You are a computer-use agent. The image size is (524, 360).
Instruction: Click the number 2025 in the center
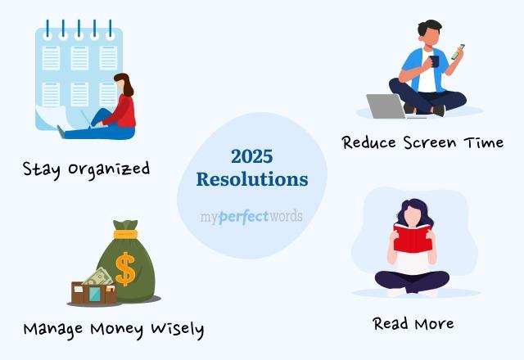pyautogui.click(x=251, y=155)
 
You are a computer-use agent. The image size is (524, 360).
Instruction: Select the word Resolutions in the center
pyautogui.click(x=252, y=179)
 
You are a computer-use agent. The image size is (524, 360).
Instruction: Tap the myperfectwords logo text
pyautogui.click(x=251, y=217)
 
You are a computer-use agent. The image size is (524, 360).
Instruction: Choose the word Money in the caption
pyautogui.click(x=122, y=329)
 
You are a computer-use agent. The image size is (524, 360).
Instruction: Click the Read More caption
pyautogui.click(x=413, y=323)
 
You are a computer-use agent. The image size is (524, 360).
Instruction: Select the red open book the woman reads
pyautogui.click(x=413, y=239)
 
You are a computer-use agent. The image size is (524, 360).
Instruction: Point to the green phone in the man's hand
pyautogui.click(x=458, y=52)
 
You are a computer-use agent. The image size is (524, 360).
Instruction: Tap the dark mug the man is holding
pyautogui.click(x=433, y=61)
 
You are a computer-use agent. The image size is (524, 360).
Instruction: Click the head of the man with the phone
pyautogui.click(x=429, y=32)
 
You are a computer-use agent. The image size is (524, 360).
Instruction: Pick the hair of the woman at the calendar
pyautogui.click(x=125, y=85)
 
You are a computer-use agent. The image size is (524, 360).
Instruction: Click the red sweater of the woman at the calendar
pyautogui.click(x=123, y=110)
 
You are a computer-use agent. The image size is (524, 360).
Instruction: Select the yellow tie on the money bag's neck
pyautogui.click(x=126, y=234)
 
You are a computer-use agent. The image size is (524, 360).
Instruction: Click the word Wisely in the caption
pyautogui.click(x=176, y=329)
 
